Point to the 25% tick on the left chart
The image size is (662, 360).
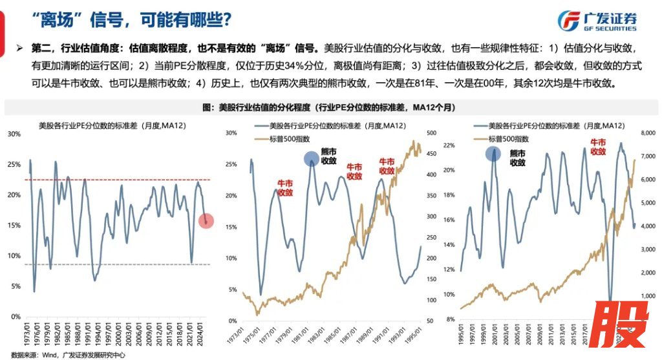tap(14, 164)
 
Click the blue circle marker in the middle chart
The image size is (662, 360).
tap(312, 158)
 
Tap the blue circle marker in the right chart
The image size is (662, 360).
tap(494, 154)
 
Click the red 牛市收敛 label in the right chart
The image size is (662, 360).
tap(597, 147)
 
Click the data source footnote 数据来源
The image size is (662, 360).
tap(65, 354)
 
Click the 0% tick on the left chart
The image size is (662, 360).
tap(16, 317)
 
